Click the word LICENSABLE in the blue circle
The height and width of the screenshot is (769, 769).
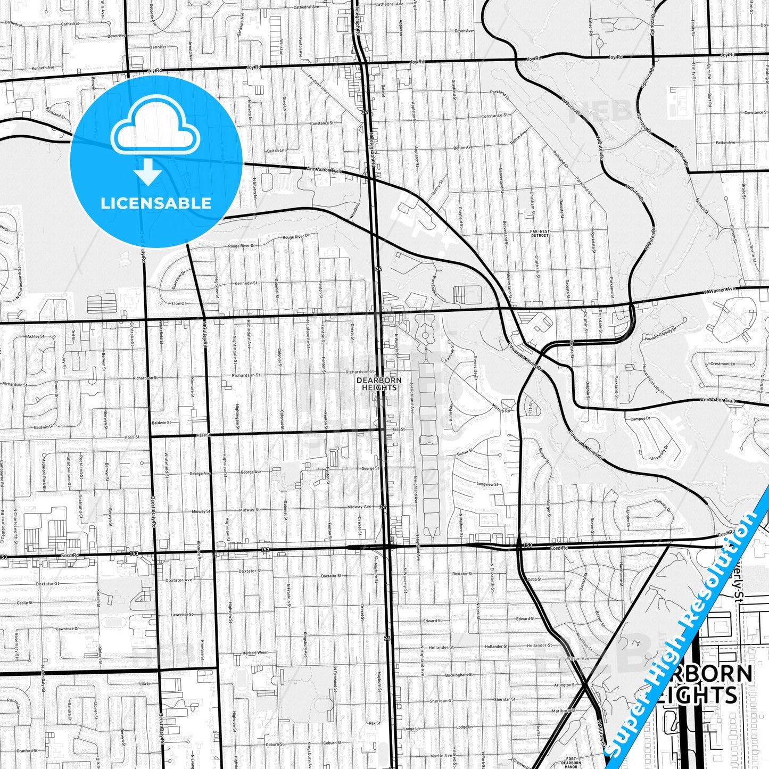click(156, 203)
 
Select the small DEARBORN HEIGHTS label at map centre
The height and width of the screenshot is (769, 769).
click(379, 384)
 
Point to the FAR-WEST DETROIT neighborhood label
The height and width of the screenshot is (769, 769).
click(540, 233)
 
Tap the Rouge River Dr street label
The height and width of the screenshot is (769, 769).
click(242, 246)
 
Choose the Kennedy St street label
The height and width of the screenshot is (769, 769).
click(246, 283)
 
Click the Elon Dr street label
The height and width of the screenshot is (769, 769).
click(179, 303)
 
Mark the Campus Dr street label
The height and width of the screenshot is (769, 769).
click(640, 419)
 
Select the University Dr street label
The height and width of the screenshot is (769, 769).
click(661, 458)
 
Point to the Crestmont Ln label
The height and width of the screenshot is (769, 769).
click(722, 364)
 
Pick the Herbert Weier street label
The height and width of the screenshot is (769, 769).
click(255, 652)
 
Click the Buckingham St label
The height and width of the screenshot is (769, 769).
click(459, 675)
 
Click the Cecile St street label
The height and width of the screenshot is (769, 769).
click(24, 603)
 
